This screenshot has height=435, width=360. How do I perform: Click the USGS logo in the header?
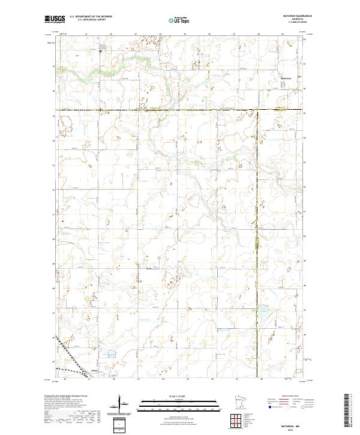point(55,20)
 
